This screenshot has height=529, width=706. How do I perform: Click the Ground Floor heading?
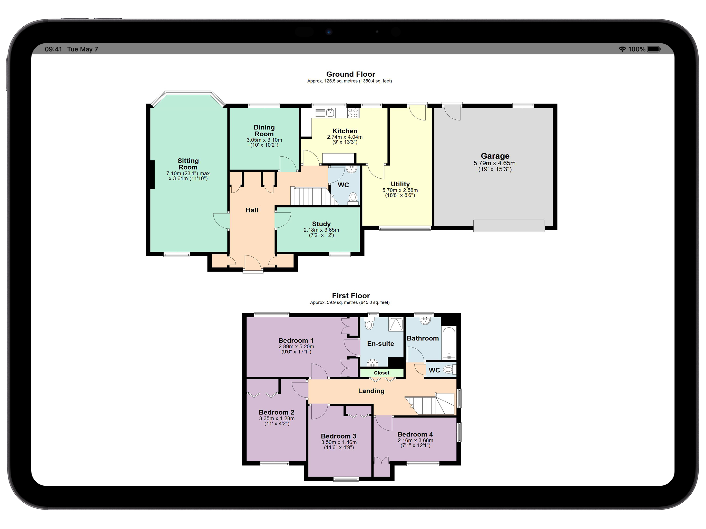click(x=350, y=74)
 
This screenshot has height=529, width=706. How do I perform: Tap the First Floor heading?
click(x=351, y=296)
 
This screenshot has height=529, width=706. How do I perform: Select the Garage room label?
click(x=495, y=156)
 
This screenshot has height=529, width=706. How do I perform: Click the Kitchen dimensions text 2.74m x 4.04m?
click(x=345, y=137)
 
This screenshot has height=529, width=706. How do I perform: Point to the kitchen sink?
click(x=325, y=113)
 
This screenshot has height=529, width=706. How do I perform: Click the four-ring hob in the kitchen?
click(x=353, y=113)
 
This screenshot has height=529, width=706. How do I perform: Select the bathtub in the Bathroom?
click(x=449, y=343)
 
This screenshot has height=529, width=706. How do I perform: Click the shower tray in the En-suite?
click(x=396, y=324)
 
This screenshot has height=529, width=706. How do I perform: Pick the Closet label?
click(x=382, y=373)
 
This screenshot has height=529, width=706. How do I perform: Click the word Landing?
click(x=371, y=391)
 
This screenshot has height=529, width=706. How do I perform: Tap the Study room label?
click(x=321, y=224)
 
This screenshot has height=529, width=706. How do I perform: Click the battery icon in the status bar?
click(x=654, y=49)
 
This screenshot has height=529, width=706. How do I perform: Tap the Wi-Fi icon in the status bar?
click(x=622, y=49)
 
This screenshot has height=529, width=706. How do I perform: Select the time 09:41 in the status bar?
click(x=53, y=49)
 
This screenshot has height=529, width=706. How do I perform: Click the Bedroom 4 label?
click(x=415, y=434)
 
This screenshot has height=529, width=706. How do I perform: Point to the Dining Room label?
click(x=264, y=130)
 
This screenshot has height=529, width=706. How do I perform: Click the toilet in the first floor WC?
click(x=448, y=370)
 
